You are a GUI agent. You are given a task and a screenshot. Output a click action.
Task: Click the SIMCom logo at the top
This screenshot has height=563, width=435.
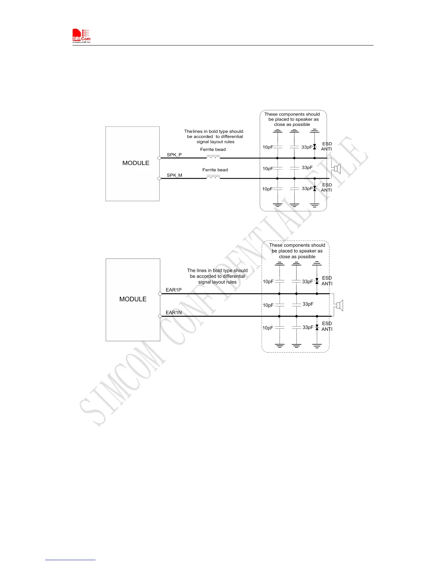[81, 36]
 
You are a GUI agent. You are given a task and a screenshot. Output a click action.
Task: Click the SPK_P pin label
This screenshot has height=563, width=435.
[174, 155]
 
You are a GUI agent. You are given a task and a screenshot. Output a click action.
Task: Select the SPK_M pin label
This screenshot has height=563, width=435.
[174, 175]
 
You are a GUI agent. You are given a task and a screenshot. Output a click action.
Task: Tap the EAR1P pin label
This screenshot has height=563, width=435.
[173, 290]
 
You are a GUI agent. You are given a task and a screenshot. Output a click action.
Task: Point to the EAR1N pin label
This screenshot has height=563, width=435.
[173, 313]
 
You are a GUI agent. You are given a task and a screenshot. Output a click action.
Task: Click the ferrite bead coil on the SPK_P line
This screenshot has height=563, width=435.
[213, 157]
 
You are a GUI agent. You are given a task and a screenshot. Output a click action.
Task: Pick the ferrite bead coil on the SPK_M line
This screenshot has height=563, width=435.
[213, 177]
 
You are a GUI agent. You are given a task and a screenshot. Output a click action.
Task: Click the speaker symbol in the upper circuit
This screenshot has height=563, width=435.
[336, 168]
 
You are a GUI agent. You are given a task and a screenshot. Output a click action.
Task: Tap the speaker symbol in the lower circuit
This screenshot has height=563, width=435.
[339, 305]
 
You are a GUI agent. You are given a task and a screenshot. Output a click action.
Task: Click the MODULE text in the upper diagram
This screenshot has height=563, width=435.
[136, 163]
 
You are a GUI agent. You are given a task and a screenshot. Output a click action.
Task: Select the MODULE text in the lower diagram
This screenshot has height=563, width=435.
[133, 299]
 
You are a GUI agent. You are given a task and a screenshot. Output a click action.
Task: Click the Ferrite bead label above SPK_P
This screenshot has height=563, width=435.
[213, 150]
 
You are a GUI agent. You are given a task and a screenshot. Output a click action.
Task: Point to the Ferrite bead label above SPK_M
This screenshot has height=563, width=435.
[215, 170]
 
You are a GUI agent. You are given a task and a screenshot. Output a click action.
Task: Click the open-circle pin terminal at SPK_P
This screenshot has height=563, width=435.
[159, 158]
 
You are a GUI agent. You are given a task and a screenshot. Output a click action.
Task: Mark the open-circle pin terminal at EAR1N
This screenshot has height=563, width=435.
[160, 316]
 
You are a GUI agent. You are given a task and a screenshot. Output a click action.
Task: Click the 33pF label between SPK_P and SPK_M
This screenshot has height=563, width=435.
[307, 167]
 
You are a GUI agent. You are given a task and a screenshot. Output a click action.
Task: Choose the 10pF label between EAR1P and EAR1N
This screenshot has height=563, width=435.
[268, 305]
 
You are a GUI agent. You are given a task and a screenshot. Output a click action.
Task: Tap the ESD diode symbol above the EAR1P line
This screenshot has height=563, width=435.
[317, 281]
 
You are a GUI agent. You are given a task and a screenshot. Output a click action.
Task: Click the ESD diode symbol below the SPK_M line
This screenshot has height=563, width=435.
[315, 188]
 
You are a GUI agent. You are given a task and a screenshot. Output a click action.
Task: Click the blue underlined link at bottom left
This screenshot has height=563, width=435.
[70, 560]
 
